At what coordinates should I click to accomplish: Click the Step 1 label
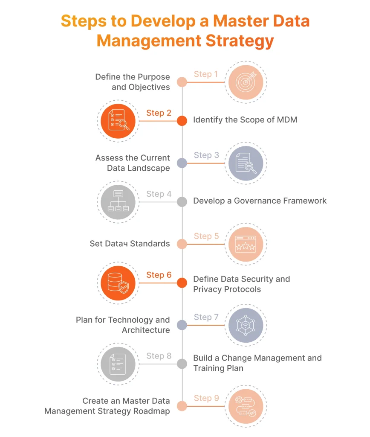click(206, 74)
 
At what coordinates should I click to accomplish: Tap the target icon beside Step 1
click(246, 82)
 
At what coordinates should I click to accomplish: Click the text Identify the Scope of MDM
click(245, 120)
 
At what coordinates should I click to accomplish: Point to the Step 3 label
click(206, 155)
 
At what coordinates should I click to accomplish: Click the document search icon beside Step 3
click(246, 163)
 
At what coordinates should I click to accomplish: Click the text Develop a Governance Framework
click(260, 201)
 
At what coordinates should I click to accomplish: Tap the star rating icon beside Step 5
click(246, 245)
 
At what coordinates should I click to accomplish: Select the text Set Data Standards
click(130, 244)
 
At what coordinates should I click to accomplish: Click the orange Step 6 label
click(159, 275)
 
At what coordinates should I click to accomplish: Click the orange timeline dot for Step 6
click(182, 283)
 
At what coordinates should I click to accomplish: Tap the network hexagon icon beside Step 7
click(246, 325)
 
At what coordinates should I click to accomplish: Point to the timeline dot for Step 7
click(182, 325)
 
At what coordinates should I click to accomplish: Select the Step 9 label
click(206, 398)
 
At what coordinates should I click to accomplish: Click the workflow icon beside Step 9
click(246, 406)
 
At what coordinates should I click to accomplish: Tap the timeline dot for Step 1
click(182, 82)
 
